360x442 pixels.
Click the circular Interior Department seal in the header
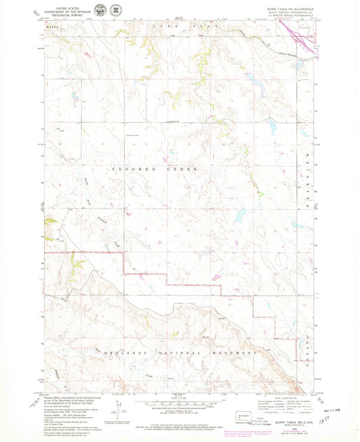coord(100,11)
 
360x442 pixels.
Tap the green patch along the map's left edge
coord(49,221)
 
